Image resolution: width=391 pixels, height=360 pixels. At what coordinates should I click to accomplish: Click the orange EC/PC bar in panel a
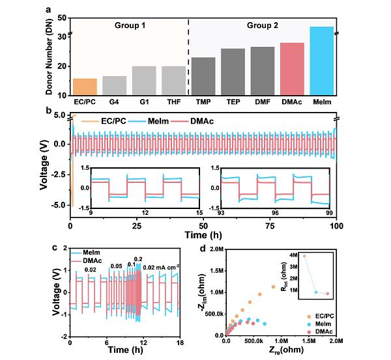pyautogui.click(x=85, y=87)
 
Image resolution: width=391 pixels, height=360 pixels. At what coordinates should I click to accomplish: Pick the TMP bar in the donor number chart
pyautogui.click(x=203, y=76)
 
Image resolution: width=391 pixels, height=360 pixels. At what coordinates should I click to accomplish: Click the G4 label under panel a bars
pyautogui.click(x=115, y=102)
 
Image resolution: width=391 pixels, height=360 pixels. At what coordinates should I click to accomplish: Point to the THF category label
pyautogui.click(x=173, y=102)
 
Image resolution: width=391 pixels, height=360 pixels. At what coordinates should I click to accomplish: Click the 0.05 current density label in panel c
pyautogui.click(x=116, y=265)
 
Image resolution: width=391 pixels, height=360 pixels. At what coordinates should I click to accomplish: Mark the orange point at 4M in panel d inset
pyautogui.click(x=304, y=255)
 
